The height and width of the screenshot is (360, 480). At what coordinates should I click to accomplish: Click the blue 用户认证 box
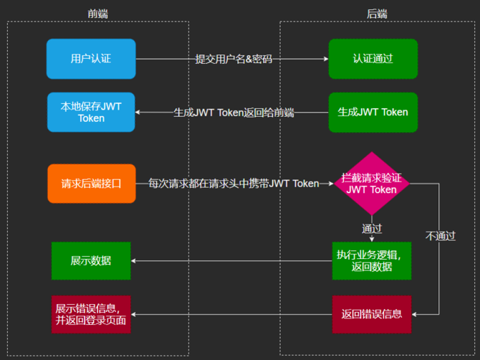tap(91, 59)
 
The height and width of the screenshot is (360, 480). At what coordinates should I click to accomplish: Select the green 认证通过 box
tap(373, 59)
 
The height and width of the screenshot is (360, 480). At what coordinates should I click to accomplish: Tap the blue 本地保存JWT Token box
tap(91, 112)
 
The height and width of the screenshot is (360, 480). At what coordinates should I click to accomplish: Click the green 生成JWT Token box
tap(373, 112)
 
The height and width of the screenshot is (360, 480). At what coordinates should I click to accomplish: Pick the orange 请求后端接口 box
tap(91, 184)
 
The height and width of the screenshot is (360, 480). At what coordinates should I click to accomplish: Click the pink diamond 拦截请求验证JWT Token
tap(371, 184)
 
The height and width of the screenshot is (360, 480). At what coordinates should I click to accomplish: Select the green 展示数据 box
tap(91, 260)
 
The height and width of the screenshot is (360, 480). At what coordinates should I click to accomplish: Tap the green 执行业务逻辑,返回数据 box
tap(372, 260)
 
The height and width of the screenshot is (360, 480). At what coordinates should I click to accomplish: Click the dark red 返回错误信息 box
tap(372, 314)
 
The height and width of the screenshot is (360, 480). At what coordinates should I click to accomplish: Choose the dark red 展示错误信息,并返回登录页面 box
tap(91, 314)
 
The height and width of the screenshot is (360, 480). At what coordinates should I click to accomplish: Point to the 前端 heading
tap(98, 13)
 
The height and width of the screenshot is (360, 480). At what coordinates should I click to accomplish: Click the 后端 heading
tap(377, 13)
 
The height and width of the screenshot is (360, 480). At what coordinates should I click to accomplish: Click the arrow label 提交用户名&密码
tap(234, 59)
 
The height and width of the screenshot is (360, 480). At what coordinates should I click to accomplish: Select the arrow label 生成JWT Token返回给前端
tap(234, 113)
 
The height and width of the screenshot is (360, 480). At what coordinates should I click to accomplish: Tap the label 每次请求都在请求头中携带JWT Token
tap(234, 184)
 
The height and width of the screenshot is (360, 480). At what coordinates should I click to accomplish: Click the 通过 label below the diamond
tap(372, 229)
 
